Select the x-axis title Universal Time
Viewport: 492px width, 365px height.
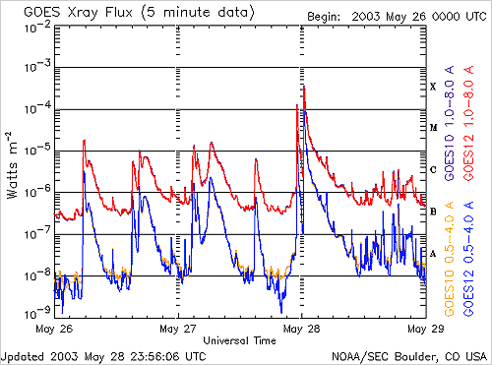pyautogui.click(x=239, y=340)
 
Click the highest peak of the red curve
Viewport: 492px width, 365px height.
pyautogui.click(x=304, y=87)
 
